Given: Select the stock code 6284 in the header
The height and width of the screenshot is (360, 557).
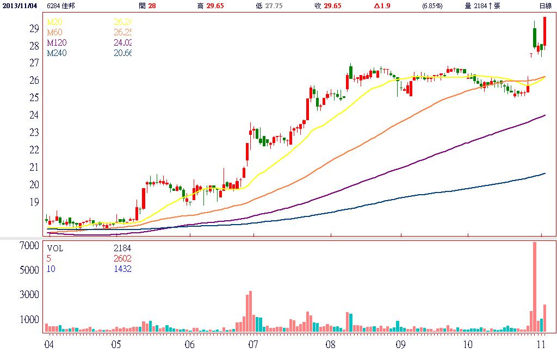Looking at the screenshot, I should point(54,5).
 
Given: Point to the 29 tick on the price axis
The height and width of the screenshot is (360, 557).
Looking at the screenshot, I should point(33,28).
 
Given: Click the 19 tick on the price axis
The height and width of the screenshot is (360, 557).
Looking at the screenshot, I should point(33,202).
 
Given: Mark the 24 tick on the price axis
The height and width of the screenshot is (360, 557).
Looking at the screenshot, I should point(33,115).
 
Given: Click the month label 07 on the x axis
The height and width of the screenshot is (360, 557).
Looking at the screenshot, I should point(252,345).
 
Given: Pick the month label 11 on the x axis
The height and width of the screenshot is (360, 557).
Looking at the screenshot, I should point(541,345).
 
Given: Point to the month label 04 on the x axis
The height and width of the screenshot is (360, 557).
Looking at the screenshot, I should point(48,345).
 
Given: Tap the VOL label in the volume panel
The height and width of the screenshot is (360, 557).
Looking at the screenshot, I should point(55,249).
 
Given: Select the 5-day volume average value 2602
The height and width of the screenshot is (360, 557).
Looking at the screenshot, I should point(122,259).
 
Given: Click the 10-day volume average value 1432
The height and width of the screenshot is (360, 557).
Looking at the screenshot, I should point(122,269).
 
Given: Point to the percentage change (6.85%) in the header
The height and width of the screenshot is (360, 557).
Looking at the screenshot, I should point(432,5).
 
